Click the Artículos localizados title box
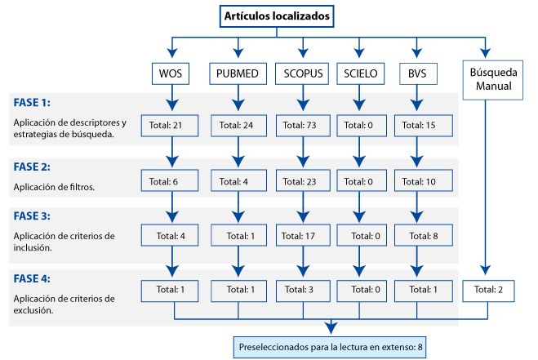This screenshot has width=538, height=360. (x=277, y=16)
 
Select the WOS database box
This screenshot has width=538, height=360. (x=171, y=73)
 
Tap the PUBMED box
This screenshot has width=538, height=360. (x=238, y=73)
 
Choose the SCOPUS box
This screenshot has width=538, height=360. (x=302, y=73)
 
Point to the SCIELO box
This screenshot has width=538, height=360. (x=361, y=73)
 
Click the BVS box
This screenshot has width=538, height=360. (x=418, y=73)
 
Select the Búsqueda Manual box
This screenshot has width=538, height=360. (x=493, y=80)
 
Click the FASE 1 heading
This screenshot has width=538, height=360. (x=32, y=103)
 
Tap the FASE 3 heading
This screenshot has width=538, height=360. (x=32, y=216)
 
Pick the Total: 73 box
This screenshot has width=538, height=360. (x=303, y=126)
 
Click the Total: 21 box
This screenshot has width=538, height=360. (x=170, y=126)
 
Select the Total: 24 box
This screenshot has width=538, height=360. (x=239, y=126)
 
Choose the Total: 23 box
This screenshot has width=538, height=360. (x=303, y=180)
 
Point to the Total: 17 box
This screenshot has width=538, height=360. (x=303, y=235)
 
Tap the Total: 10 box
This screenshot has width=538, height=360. (x=424, y=180)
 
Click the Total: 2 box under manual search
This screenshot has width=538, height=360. (x=488, y=291)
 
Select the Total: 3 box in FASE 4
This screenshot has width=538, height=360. (x=303, y=291)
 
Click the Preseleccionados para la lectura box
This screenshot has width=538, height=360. (x=330, y=347)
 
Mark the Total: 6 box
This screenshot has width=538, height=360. (x=170, y=180)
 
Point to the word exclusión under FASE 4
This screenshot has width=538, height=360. (x=33, y=310)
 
